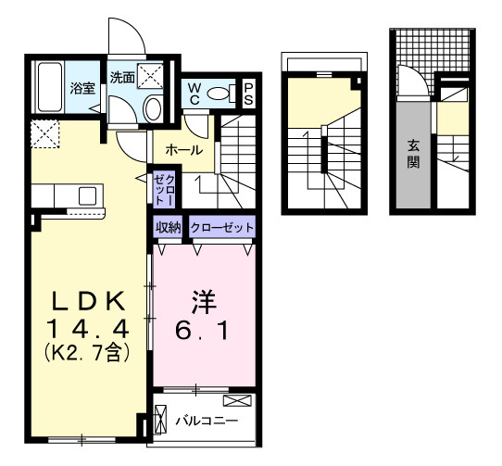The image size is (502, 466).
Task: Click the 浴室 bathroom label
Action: point(82,89)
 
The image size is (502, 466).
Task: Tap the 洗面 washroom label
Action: point(121,79)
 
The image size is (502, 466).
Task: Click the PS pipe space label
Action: point(249,92)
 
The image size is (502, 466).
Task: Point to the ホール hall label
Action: point(184,149)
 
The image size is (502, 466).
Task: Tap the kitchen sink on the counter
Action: point(88,195)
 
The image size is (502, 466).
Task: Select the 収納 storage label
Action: point(168,227)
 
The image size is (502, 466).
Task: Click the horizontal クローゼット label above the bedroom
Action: point(221,227)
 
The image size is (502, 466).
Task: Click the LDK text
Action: point(89,302)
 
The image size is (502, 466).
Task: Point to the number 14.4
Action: point(89,328)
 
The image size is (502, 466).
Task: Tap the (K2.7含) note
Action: point(89,351)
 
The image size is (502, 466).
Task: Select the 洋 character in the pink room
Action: point(203,302)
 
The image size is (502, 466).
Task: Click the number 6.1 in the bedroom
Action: point(203,328)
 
